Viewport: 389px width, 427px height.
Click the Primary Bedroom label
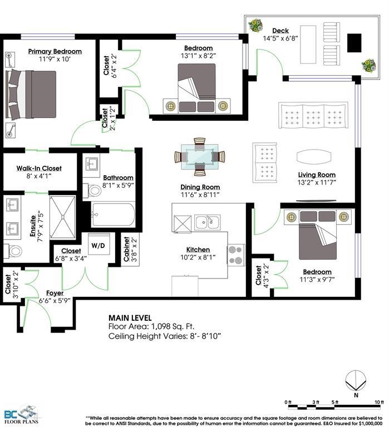(x=55, y=51)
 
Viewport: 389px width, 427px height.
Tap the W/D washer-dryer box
(x=99, y=244)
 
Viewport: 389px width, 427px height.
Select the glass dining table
(x=200, y=157)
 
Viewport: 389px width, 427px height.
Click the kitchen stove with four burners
(x=236, y=255)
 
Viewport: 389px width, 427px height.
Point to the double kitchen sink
(x=208, y=222)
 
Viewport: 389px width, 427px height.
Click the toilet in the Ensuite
(x=13, y=251)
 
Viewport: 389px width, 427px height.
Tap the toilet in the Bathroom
(x=92, y=190)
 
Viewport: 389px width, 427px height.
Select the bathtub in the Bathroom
(x=113, y=214)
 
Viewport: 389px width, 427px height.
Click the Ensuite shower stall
(x=63, y=217)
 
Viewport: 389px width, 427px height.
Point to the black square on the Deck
(x=354, y=43)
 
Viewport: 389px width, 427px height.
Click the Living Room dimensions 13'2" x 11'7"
(x=317, y=182)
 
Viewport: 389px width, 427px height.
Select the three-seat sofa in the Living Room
(x=313, y=115)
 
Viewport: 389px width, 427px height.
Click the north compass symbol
(x=356, y=381)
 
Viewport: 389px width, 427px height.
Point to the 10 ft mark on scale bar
(x=379, y=402)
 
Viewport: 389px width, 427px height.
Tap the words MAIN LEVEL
(x=130, y=318)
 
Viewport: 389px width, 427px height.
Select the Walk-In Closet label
(x=39, y=168)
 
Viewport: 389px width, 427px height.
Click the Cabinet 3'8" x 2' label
(x=130, y=249)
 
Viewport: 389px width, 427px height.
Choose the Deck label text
(x=280, y=31)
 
